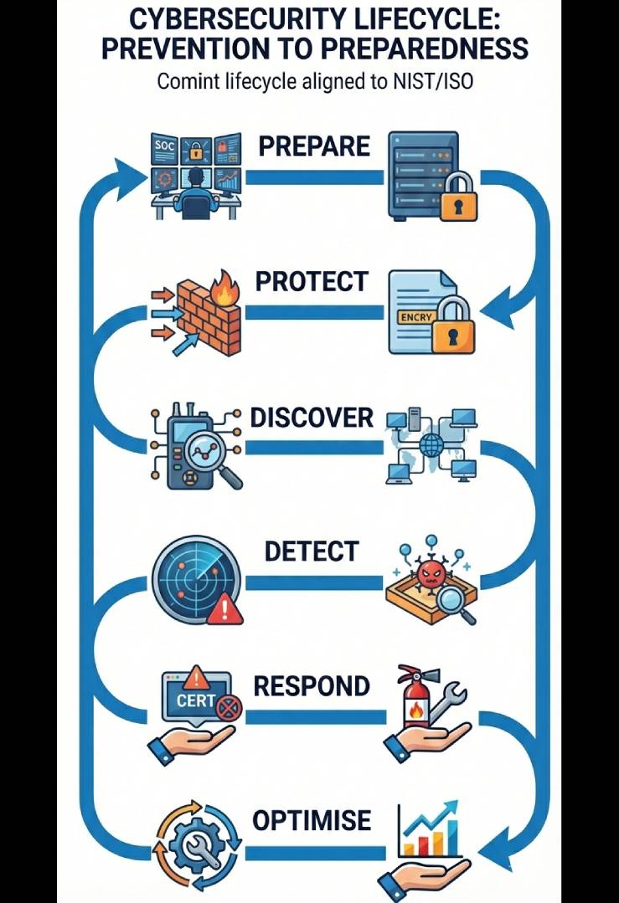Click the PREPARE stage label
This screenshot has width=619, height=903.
[313, 146]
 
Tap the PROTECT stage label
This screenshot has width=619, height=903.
[311, 282]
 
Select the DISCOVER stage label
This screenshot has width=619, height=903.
[312, 418]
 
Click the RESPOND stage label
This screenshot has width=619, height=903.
[311, 686]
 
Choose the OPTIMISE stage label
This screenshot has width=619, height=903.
[312, 821]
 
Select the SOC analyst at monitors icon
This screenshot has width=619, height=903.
[195, 176]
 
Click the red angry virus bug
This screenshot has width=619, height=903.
[431, 575]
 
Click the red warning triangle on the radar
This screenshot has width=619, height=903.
[224, 611]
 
